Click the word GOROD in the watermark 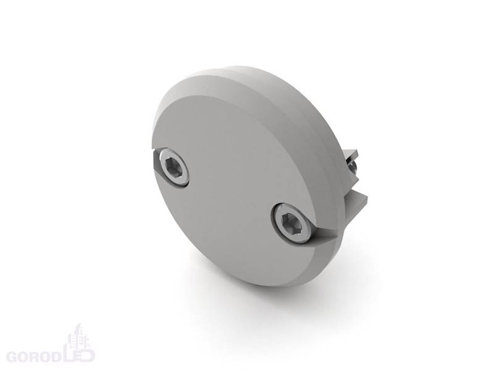coord(34,356)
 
